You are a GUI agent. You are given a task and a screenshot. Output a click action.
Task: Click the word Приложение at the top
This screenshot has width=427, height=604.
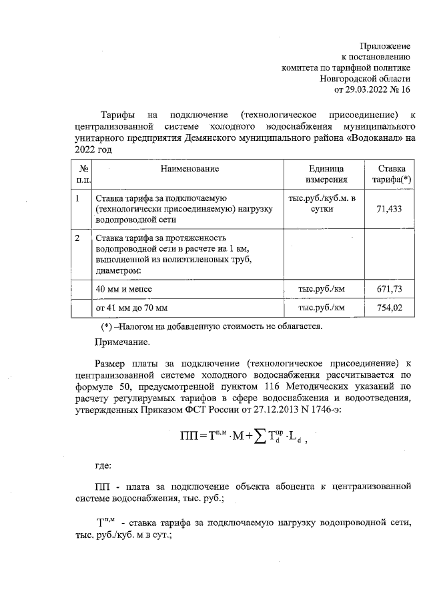386,45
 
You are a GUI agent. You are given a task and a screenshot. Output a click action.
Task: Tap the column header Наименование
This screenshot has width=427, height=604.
189,169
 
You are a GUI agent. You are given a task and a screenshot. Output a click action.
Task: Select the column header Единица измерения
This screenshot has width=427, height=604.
326,174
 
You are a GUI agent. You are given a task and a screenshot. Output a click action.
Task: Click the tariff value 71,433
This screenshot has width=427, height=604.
391,210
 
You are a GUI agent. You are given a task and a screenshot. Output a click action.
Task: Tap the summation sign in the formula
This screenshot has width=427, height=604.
254,438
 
